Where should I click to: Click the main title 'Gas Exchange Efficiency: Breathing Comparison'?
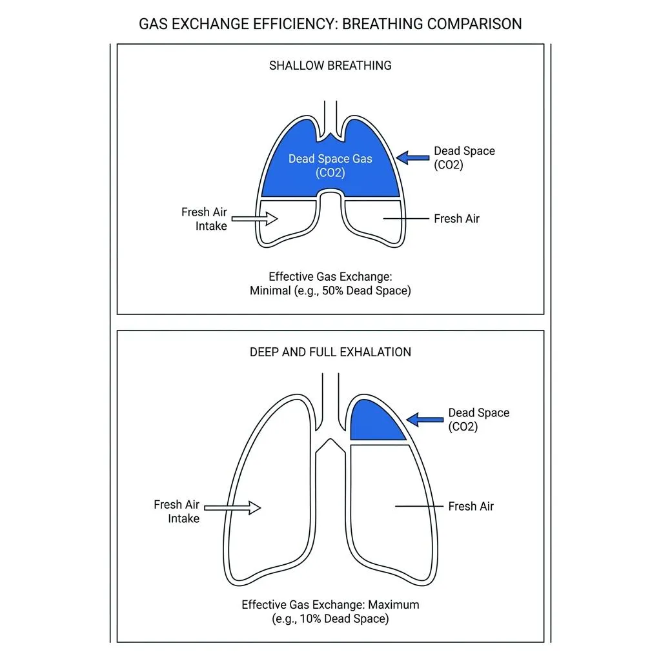[330, 24]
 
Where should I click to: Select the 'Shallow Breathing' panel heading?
[330, 65]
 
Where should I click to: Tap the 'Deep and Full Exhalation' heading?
[330, 352]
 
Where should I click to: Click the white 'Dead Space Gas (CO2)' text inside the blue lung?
[330, 165]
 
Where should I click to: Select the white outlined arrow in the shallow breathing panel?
[254, 219]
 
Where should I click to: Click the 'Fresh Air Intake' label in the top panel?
[204, 219]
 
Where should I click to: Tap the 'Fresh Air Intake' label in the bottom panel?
[176, 511]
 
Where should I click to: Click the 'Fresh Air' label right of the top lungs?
[456, 219]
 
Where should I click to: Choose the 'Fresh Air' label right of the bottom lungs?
[471, 507]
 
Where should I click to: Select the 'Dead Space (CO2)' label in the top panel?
[463, 158]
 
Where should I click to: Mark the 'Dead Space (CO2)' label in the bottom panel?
[478, 420]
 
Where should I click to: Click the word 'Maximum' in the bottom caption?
[394, 605]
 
